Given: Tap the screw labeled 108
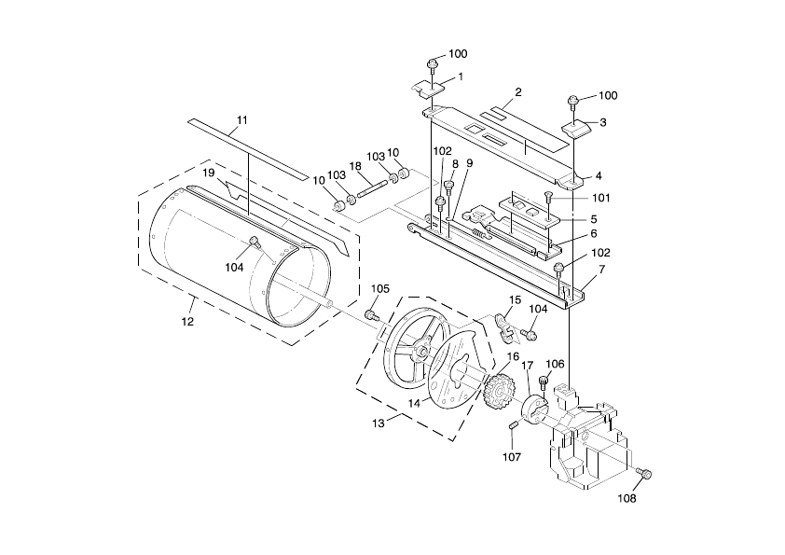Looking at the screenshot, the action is tap(645, 473).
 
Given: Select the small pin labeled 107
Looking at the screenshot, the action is tap(513, 425).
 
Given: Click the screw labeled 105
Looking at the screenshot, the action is tap(371, 315).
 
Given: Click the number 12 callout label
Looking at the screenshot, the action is tap(187, 322).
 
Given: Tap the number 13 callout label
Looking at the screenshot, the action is tap(379, 423).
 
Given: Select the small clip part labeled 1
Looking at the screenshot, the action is tap(429, 89).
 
